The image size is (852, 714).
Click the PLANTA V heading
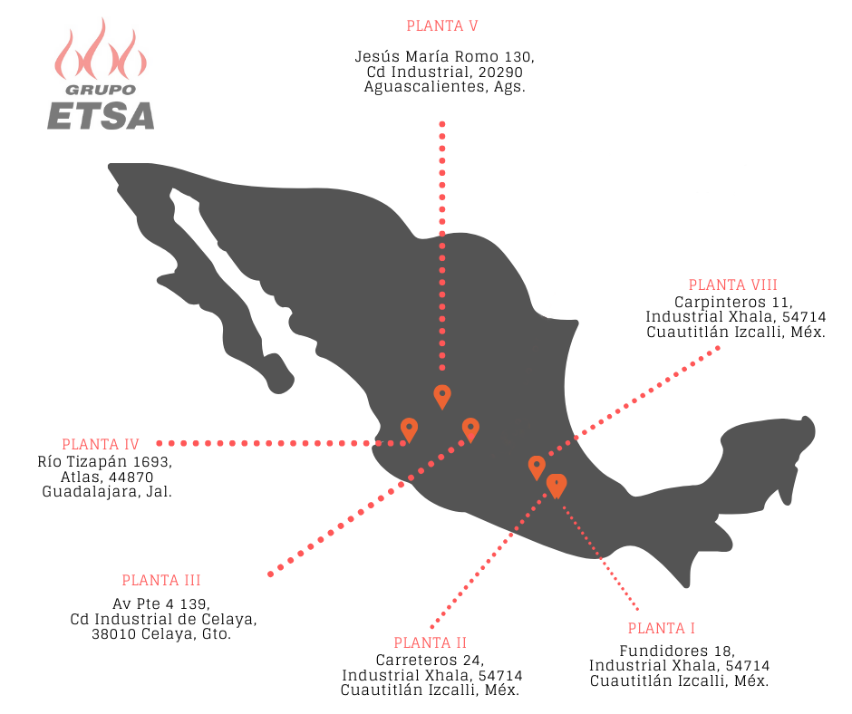click(442, 26)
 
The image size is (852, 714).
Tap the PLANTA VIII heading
click(732, 285)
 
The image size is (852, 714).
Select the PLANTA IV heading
click(101, 445)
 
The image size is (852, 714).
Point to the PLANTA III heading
click(161, 580)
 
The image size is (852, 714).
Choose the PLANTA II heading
click(431, 642)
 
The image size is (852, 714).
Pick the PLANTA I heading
click(662, 628)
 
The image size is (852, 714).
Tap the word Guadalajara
click(92, 492)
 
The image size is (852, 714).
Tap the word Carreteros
click(417, 661)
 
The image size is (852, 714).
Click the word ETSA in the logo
click(102, 116)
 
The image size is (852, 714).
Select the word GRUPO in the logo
click(101, 90)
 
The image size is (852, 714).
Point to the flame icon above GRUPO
click(101, 49)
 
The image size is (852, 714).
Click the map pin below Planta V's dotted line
click(442, 397)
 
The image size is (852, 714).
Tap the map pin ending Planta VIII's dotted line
click(537, 468)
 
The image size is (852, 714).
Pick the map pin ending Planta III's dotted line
click(470, 429)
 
